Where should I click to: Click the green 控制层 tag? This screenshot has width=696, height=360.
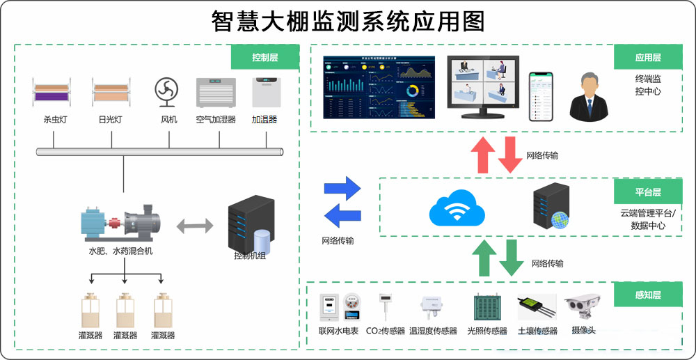[265, 57]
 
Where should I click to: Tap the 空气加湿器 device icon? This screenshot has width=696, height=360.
[216, 92]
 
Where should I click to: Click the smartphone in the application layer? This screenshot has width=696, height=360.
[539, 95]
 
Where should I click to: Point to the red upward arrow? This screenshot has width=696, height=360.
[482, 154]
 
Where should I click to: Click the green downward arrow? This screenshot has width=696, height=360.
[512, 258]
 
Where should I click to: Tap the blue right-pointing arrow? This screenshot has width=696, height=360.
[342, 189]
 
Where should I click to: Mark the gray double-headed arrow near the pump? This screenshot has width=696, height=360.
[196, 226]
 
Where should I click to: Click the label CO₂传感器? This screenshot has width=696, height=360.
[385, 331]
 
